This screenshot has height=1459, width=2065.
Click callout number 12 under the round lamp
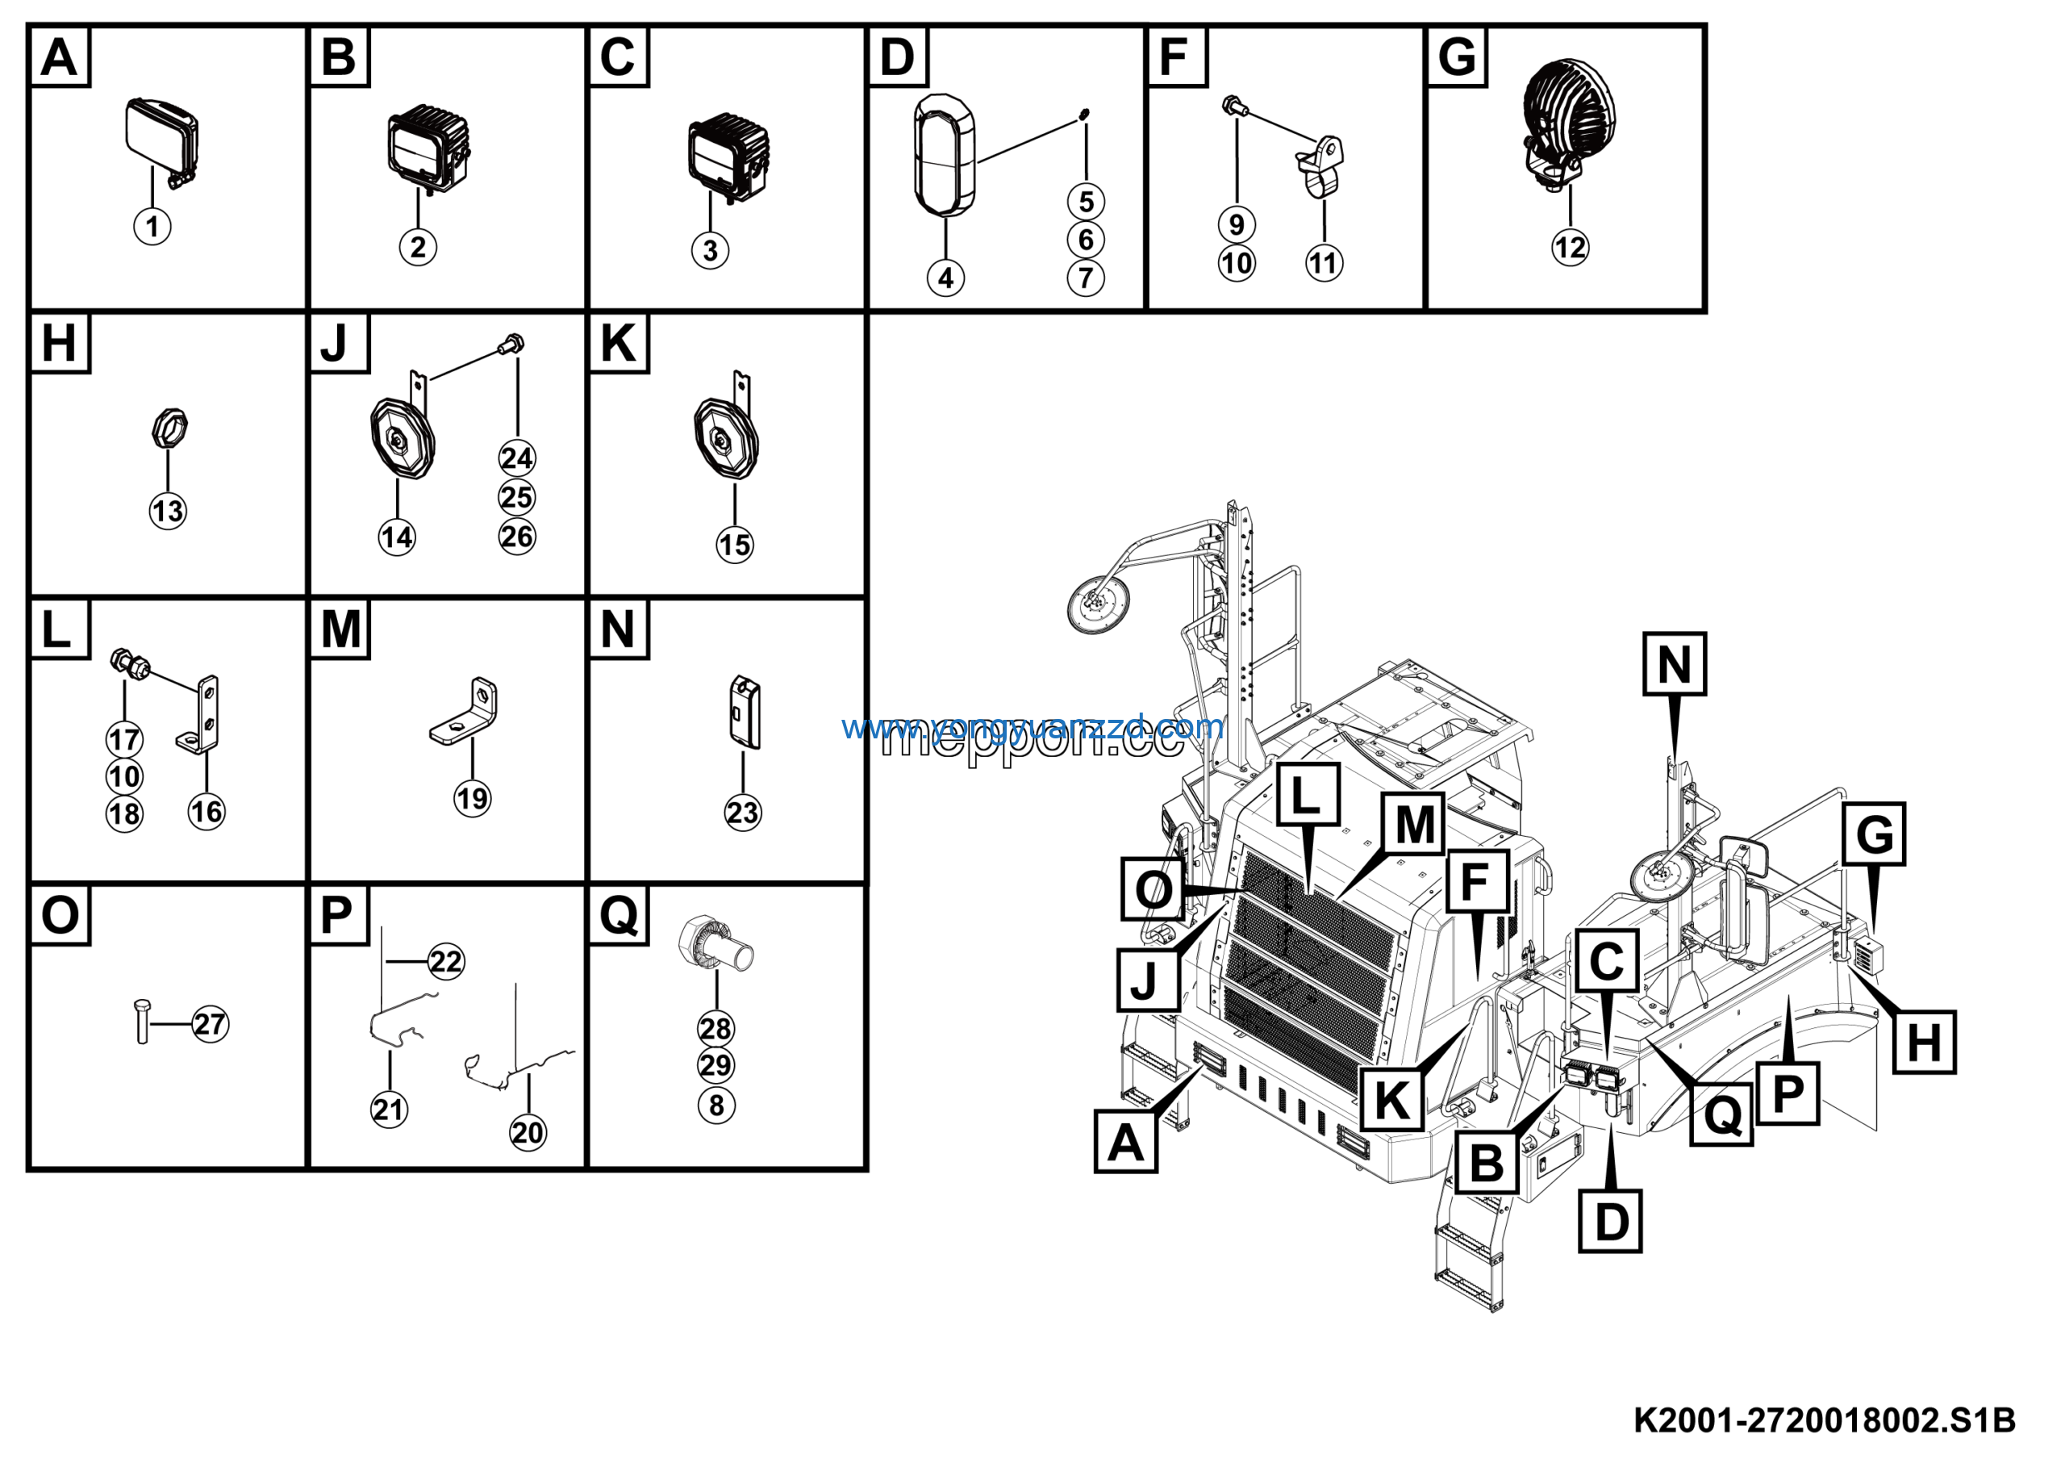(x=1570, y=248)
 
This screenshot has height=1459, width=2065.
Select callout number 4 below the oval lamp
(x=945, y=278)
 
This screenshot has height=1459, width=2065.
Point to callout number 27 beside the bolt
(x=211, y=1023)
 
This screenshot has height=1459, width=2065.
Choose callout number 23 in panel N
(x=742, y=813)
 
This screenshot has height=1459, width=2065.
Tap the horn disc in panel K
(x=726, y=440)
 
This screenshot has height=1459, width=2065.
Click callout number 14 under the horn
(x=397, y=538)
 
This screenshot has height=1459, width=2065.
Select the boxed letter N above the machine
(x=1674, y=665)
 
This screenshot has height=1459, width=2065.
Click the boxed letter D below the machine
(x=1610, y=1222)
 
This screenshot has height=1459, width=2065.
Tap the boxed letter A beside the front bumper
(x=1125, y=1143)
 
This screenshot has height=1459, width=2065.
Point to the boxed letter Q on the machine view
(x=1721, y=1115)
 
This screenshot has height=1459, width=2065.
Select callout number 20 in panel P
(x=527, y=1132)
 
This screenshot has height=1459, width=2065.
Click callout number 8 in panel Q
(x=716, y=1105)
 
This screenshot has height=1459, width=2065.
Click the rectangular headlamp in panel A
(x=159, y=136)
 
